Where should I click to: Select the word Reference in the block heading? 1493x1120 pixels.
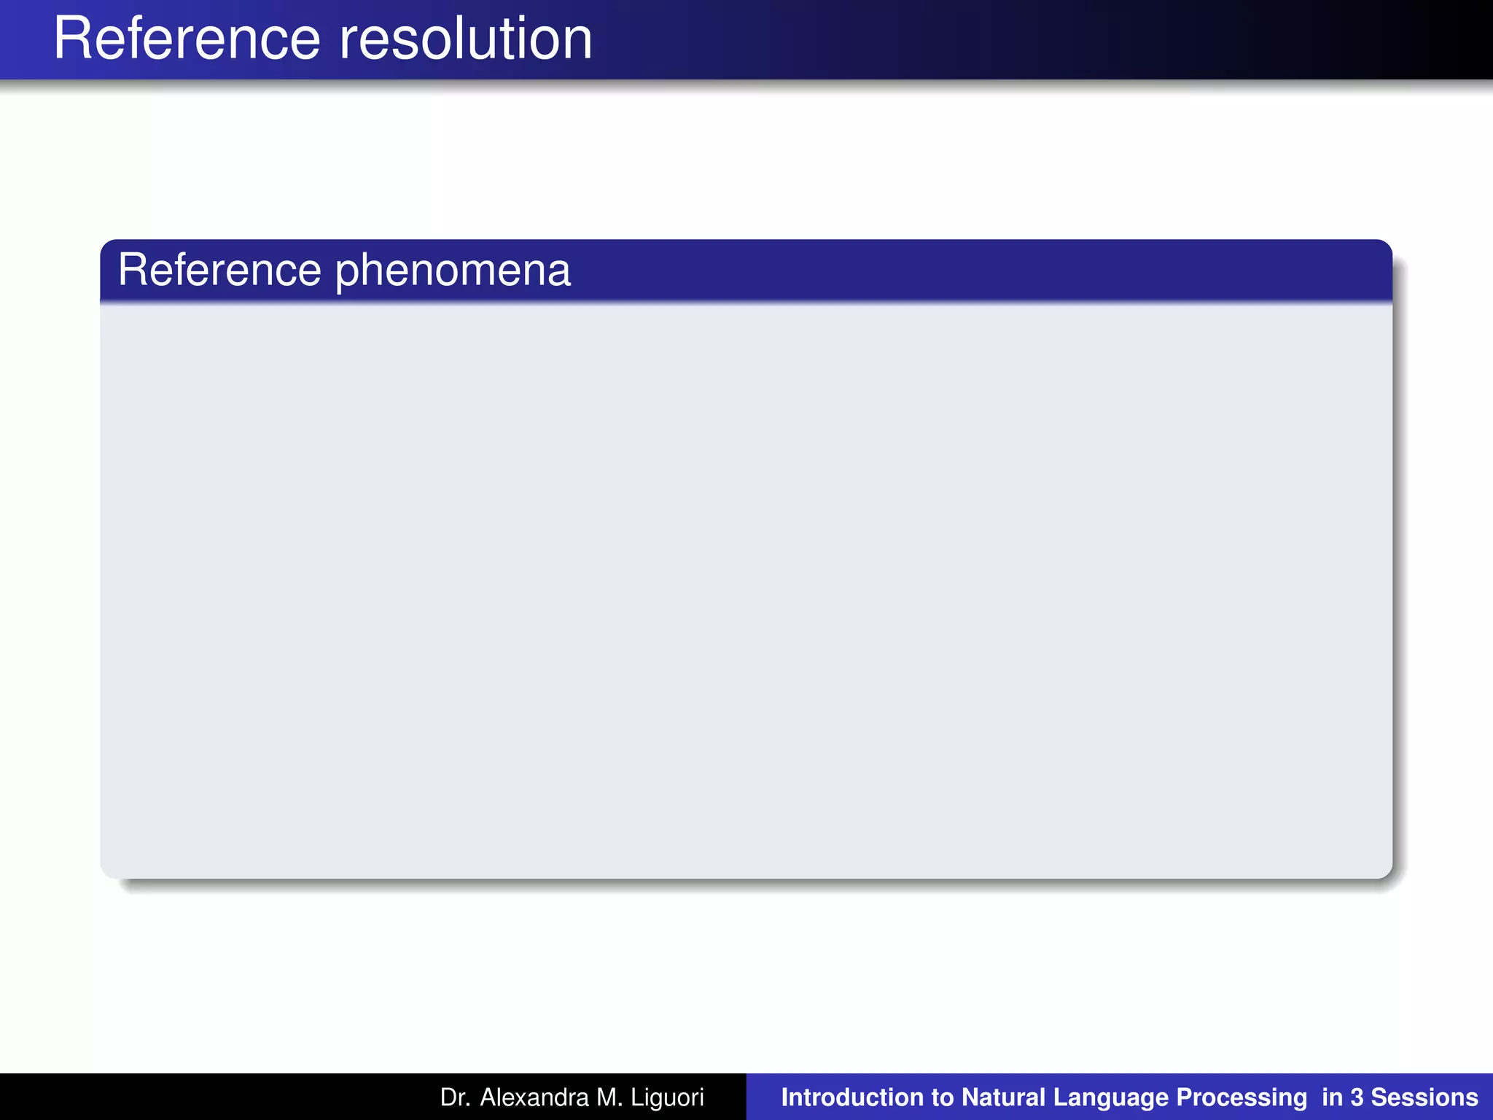click(x=219, y=270)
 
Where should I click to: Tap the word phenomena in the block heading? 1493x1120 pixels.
click(x=453, y=271)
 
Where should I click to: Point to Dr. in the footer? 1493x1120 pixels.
click(x=455, y=1097)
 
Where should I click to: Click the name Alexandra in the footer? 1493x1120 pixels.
click(x=534, y=1097)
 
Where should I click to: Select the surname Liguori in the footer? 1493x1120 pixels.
click(x=668, y=1098)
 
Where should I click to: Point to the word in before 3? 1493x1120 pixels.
click(x=1331, y=1097)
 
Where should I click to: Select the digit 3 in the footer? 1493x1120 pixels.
click(x=1356, y=1097)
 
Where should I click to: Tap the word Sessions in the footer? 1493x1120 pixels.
click(x=1424, y=1097)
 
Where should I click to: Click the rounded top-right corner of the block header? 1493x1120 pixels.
click(x=1385, y=247)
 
